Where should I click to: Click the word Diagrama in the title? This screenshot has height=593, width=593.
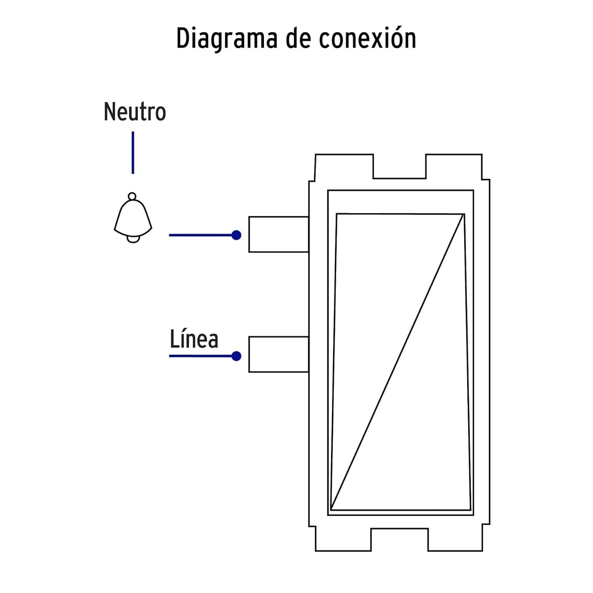pyautogui.click(x=227, y=39)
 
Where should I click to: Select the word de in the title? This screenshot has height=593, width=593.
pyautogui.click(x=298, y=38)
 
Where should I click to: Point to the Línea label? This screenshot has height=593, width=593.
pyautogui.click(x=194, y=339)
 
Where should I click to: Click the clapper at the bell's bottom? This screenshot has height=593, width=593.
pyautogui.click(x=133, y=239)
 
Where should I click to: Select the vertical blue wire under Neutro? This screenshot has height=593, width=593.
pyautogui.click(x=133, y=153)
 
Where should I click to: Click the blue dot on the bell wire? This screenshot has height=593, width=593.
pyautogui.click(x=236, y=235)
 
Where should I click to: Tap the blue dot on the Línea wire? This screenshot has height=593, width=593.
pyautogui.click(x=236, y=356)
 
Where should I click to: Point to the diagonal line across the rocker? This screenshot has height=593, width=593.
pyautogui.click(x=397, y=362)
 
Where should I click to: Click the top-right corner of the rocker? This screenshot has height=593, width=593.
pyautogui.click(x=464, y=214)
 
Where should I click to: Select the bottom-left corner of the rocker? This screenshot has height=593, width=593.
pyautogui.click(x=330, y=510)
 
